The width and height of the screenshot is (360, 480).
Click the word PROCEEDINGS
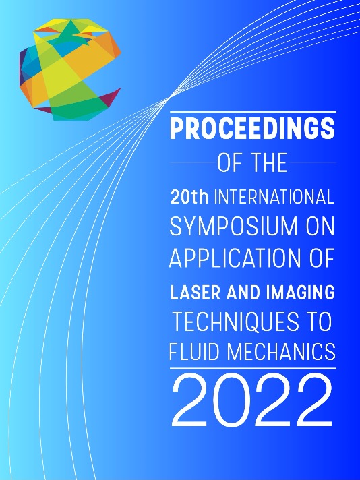click(253, 129)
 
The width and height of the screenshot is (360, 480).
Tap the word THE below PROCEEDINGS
click(270, 163)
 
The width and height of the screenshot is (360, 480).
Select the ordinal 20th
click(190, 197)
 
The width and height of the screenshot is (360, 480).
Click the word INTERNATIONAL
click(274, 197)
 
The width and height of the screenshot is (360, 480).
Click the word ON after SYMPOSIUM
click(320, 227)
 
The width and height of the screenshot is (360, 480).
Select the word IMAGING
click(301, 292)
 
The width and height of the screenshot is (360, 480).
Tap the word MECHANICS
click(281, 352)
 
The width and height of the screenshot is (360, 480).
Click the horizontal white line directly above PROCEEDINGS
click(253, 112)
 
